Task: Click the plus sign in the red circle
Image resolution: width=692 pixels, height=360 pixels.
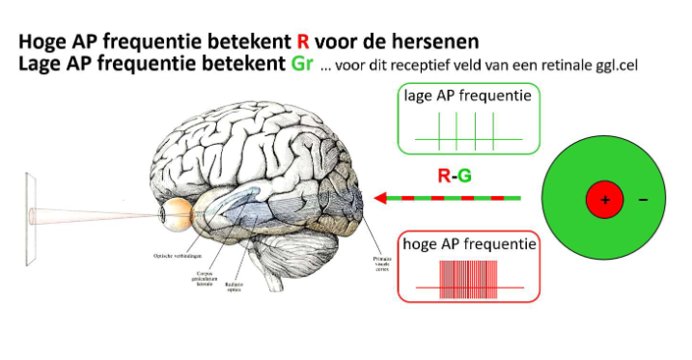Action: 605,200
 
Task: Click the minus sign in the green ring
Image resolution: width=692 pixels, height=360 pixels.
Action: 644,200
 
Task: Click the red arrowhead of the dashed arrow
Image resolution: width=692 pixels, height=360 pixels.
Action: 381,199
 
